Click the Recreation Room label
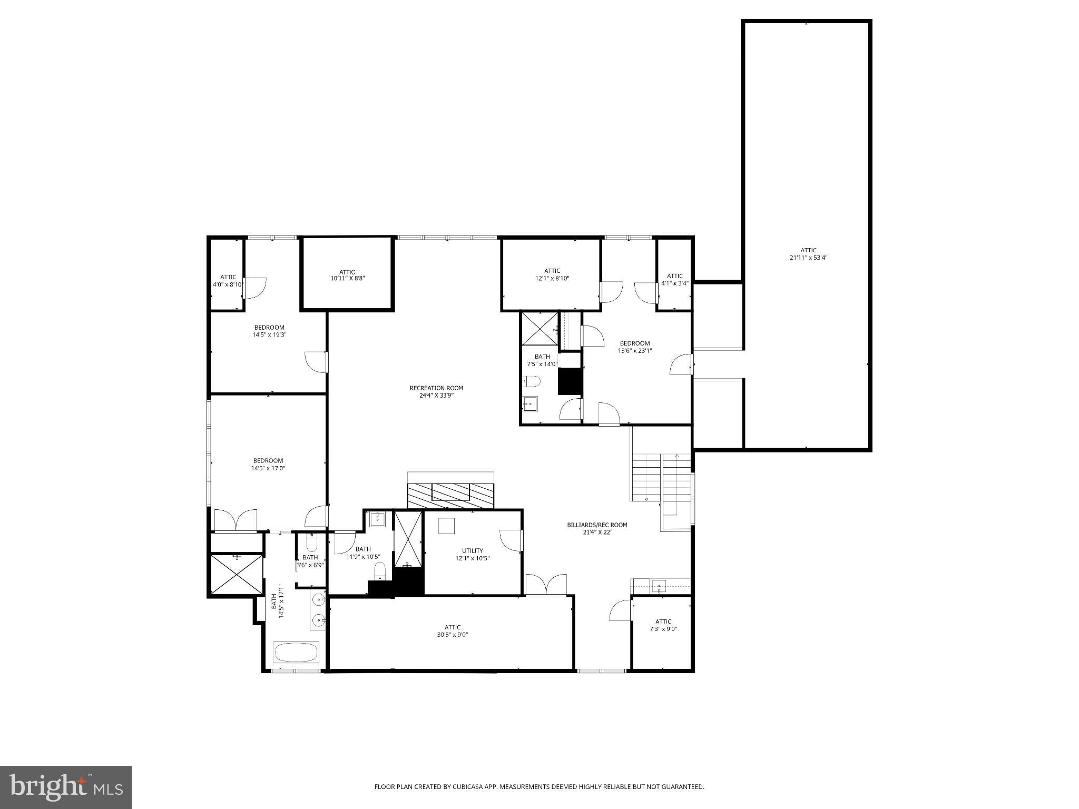tap(436, 391)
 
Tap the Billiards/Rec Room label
tap(597, 528)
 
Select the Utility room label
tap(472, 554)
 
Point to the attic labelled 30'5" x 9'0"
tap(452, 630)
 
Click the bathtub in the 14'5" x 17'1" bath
tap(296, 653)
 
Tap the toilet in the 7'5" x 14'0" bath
tap(532, 381)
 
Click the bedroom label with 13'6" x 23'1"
tap(634, 347)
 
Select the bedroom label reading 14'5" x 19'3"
tap(269, 331)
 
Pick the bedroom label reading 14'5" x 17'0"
tap(268, 464)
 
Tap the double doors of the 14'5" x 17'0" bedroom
tap(236, 520)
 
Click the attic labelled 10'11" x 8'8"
tap(347, 275)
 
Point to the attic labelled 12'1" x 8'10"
tap(552, 274)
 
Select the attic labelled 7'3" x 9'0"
tap(663, 625)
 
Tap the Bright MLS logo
tap(66, 787)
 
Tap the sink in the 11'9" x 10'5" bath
tap(378, 519)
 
